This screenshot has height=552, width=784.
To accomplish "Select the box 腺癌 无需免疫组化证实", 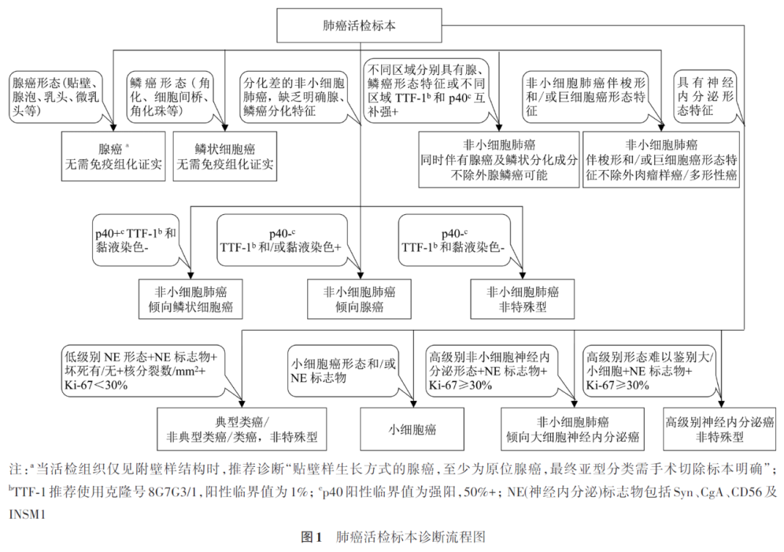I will (113, 156).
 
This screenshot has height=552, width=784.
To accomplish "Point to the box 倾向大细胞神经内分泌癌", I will (572, 429).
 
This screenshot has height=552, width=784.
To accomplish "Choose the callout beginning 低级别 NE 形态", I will (145, 370).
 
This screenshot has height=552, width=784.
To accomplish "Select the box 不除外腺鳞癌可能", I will (499, 160).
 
